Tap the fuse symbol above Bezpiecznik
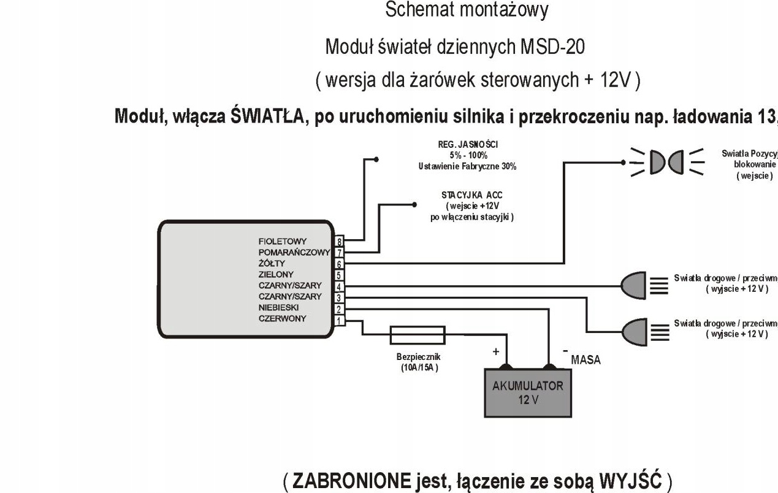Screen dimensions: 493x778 pos(418,335)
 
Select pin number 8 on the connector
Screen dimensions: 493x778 pos(338,242)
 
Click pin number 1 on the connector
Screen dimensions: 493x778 pos(338,319)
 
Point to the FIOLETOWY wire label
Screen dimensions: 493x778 pos(282,242)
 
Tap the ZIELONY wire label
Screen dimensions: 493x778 pos(275,275)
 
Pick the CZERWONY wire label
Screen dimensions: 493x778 pos(282,319)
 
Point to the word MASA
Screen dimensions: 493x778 pos(585,361)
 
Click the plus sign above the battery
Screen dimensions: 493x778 pos(497,353)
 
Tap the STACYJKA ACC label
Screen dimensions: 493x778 pos(472,195)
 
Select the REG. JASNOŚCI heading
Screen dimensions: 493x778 pos(472,145)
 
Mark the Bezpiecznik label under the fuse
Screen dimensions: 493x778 pos(418,357)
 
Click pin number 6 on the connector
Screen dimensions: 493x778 pos(338,264)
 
